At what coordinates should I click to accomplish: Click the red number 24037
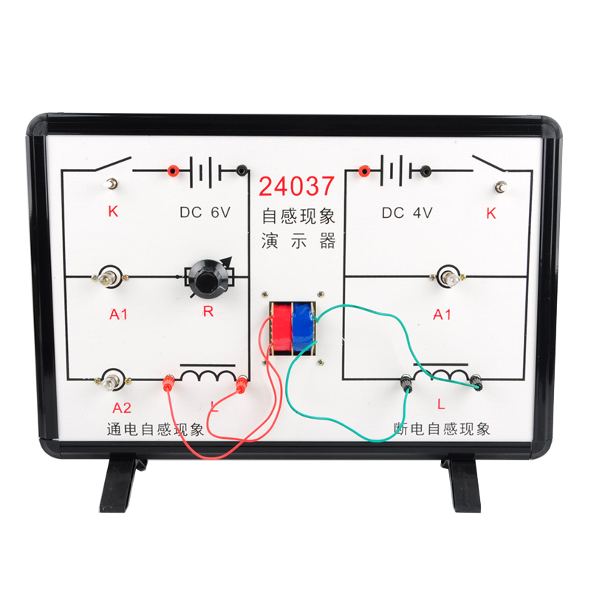296,185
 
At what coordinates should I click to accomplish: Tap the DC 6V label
205,212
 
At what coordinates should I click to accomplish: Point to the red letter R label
208,312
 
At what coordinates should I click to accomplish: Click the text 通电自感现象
155,428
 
